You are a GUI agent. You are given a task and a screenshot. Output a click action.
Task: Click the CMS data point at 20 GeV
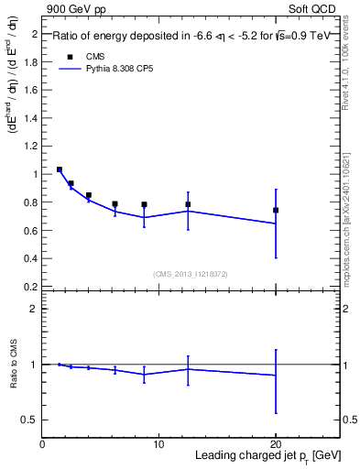[x=276, y=210]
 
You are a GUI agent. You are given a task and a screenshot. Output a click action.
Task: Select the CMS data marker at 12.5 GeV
[x=188, y=204]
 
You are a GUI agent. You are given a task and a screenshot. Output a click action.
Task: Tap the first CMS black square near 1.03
[x=60, y=169]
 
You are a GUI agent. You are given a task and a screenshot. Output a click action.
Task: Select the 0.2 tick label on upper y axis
[x=30, y=286]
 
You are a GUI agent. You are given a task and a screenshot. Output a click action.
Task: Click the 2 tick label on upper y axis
[x=34, y=34]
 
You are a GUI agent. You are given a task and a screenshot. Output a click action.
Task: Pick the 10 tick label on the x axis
[x=158, y=444]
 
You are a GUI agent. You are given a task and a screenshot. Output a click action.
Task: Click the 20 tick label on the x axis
[x=276, y=444]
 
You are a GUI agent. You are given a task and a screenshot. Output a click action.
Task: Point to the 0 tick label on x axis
[x=42, y=444]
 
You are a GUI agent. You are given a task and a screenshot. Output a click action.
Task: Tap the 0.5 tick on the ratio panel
[x=30, y=420]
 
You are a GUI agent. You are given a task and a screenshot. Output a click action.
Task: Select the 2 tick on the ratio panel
[x=34, y=309]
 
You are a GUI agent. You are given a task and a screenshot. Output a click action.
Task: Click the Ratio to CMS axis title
[x=13, y=365]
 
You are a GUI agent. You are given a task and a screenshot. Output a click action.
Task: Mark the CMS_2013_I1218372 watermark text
[x=191, y=274]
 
